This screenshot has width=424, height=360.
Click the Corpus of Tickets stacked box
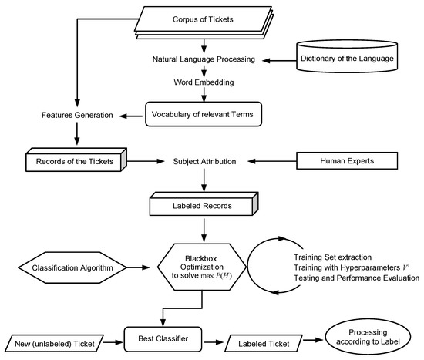coord(204,22)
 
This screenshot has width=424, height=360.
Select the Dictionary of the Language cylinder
coord(347,56)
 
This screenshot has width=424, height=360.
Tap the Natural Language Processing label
coord(204,59)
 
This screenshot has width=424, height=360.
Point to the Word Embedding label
coord(204,82)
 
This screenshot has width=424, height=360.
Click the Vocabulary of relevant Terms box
coord(204,114)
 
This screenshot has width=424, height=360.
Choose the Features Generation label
coord(77,115)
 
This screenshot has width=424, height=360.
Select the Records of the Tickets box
coord(76,160)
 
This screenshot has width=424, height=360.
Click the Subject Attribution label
coord(204,161)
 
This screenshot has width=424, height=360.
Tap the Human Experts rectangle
coord(347,160)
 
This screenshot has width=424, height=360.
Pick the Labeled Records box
coord(204,204)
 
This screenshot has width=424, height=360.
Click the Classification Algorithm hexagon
coord(72,267)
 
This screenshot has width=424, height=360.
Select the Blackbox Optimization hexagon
coord(202,267)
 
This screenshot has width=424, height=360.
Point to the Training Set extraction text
coord(332,257)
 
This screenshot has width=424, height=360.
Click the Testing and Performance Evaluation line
coord(357,278)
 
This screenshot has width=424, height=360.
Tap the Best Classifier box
coord(163,339)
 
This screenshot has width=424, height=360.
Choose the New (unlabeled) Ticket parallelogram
coord(55,344)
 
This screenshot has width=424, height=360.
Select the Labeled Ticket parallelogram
coord(264,344)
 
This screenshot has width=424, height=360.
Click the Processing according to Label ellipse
coord(368,337)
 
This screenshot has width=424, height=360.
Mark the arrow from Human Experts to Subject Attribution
coord(272,161)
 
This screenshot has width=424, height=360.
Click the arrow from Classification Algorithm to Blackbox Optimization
coord(138,267)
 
